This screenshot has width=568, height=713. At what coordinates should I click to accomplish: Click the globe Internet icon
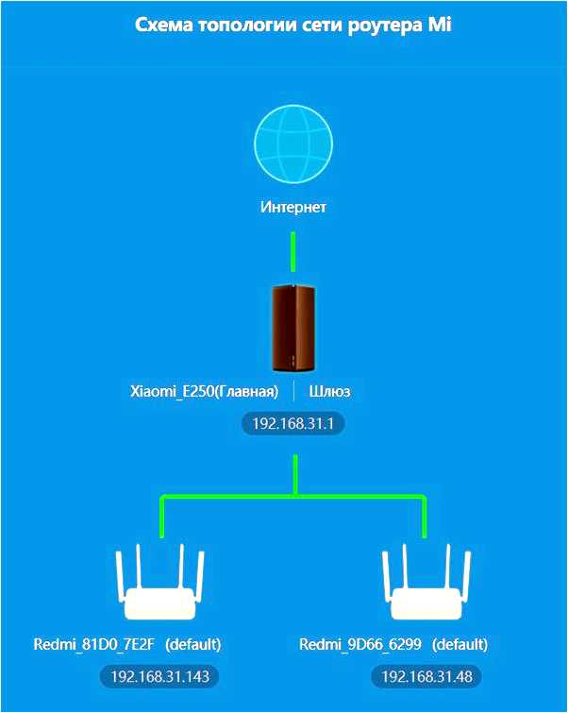[x=293, y=144]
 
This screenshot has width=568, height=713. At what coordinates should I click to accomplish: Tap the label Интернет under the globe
[x=293, y=207]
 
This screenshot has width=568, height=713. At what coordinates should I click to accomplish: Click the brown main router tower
[x=292, y=328]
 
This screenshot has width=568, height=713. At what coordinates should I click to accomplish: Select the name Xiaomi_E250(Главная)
[x=204, y=391]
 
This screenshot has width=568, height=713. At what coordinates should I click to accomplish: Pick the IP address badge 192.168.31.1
[x=293, y=424]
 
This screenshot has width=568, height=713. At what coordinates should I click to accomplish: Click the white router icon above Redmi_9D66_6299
[x=425, y=586]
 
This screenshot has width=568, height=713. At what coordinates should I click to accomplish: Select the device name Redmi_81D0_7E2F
[x=95, y=645]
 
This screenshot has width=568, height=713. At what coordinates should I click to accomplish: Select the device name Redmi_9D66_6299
[x=361, y=645]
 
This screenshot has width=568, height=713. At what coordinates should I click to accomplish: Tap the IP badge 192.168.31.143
[x=159, y=677]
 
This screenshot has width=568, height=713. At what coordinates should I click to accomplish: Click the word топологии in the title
[x=248, y=25]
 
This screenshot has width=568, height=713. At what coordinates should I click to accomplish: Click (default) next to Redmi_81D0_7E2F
[x=192, y=645]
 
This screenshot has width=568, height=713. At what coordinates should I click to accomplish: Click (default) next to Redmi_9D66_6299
[x=459, y=645]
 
